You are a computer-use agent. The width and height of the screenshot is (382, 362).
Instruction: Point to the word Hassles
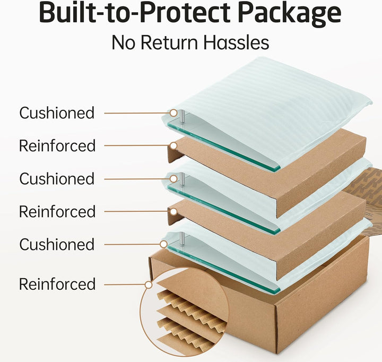(236, 42)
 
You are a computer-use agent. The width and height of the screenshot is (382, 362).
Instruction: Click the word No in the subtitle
(123, 42)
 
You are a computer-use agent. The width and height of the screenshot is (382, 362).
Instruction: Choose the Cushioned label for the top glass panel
(57, 113)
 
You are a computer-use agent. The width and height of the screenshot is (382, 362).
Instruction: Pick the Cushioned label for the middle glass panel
(57, 179)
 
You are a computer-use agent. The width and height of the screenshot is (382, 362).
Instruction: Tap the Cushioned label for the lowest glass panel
(57, 244)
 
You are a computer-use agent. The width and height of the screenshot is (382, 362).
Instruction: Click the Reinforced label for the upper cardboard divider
(57, 145)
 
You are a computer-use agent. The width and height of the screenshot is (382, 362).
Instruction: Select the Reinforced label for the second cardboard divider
(57, 211)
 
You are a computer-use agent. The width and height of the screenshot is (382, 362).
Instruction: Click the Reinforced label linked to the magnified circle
(57, 284)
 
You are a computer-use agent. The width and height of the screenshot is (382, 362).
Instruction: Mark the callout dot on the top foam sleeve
(173, 113)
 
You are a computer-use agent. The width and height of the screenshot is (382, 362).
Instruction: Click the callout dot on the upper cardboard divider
(173, 146)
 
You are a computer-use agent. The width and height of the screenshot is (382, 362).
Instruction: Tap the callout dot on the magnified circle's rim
(149, 285)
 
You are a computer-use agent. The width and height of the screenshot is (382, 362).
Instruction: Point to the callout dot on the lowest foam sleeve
(164, 244)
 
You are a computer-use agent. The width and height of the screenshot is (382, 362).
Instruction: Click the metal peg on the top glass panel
(182, 117)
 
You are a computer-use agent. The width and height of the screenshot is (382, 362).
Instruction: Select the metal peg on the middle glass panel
(182, 179)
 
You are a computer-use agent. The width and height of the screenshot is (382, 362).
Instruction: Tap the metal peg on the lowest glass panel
(182, 239)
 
